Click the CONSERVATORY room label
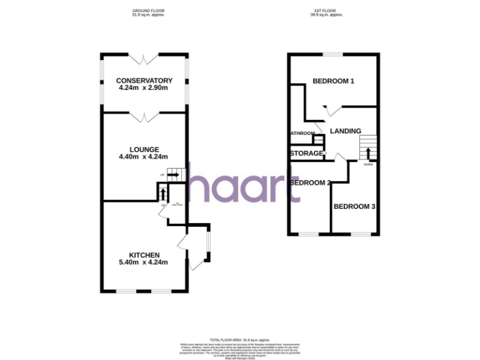point(144,81)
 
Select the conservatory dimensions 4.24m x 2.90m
point(144,88)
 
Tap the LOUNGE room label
point(144,149)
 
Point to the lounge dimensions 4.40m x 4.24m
point(144,157)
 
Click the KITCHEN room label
point(144,255)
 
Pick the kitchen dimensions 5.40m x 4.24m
point(144,262)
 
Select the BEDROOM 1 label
point(333,81)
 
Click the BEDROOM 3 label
point(354,206)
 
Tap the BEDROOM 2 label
point(310,183)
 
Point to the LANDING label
point(346,131)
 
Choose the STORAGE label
point(306,153)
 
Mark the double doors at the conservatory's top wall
point(144,58)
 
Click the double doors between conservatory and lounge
point(144,116)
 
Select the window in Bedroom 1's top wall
point(333,55)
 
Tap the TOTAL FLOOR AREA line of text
point(239,338)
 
